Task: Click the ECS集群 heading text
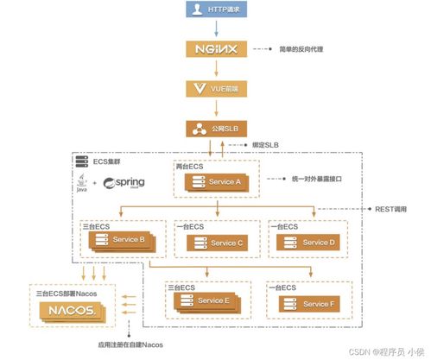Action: (x=108, y=161)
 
